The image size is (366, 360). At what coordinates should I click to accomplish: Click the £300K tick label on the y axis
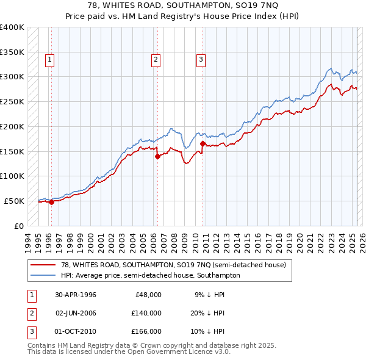tap(12, 77)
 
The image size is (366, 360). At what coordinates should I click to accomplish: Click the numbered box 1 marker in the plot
tap(49, 59)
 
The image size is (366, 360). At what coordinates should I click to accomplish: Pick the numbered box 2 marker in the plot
tap(156, 59)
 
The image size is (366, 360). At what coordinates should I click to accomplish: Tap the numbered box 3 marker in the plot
tap(201, 59)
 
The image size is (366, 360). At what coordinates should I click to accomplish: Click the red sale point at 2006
tap(157, 156)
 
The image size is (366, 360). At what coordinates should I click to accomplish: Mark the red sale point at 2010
tap(203, 143)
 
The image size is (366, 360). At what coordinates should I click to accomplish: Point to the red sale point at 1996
tap(51, 202)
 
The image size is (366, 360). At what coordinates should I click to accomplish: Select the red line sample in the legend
tap(43, 265)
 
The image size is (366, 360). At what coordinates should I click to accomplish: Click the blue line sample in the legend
tap(43, 275)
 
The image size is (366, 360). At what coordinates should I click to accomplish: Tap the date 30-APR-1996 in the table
tap(76, 294)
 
